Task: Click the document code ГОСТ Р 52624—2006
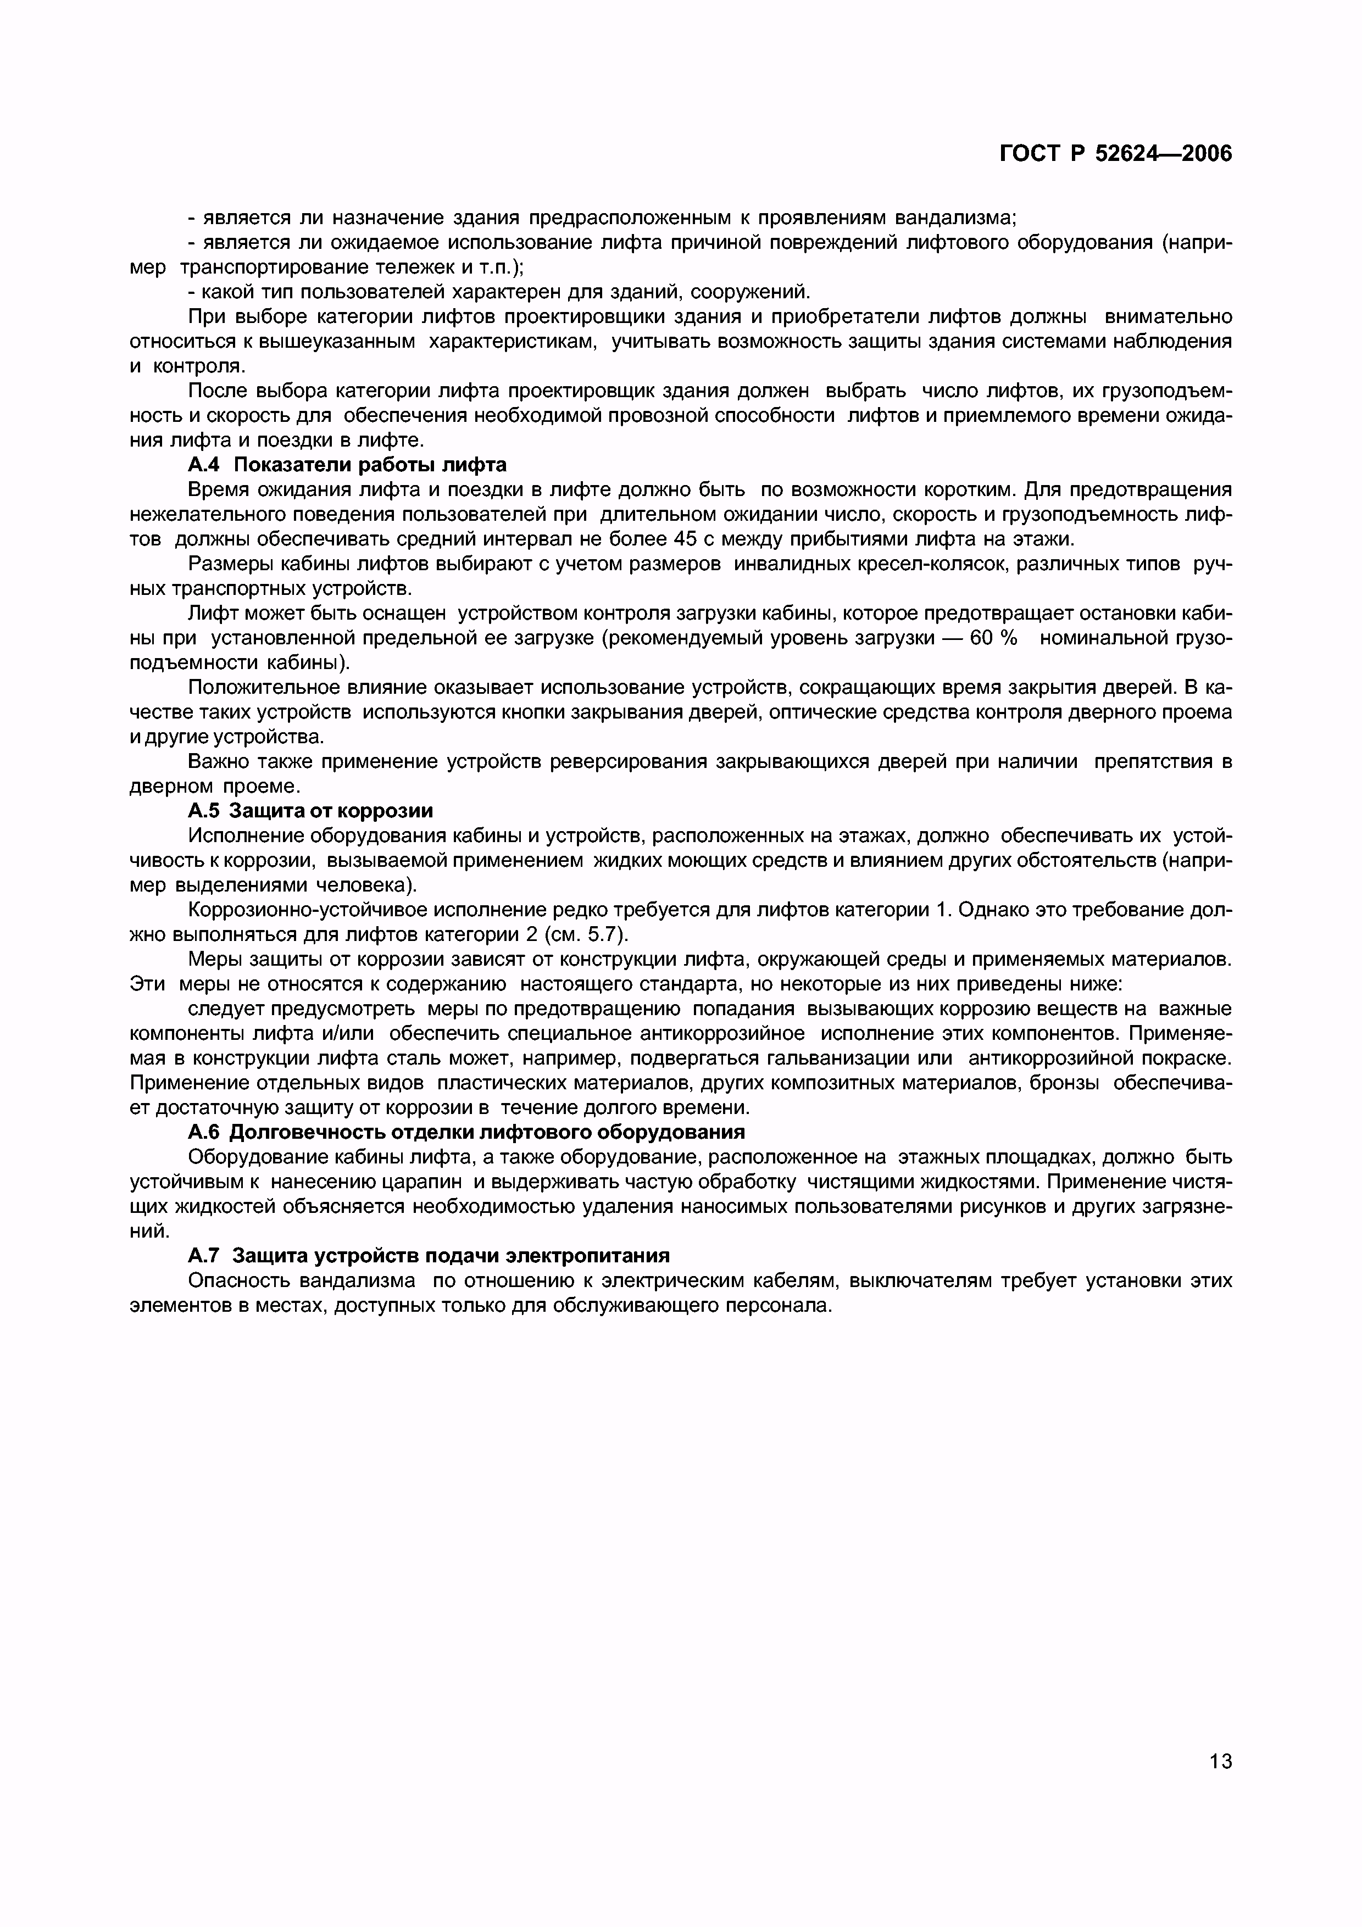pos(1116,154)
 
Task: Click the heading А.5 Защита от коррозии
pos(310,811)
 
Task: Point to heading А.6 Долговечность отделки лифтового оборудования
pos(466,1132)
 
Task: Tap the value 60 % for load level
pos(993,638)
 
